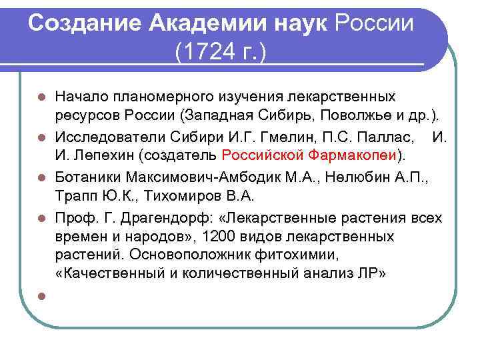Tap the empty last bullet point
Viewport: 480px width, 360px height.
coord(41,296)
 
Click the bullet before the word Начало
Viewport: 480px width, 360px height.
coord(41,97)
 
